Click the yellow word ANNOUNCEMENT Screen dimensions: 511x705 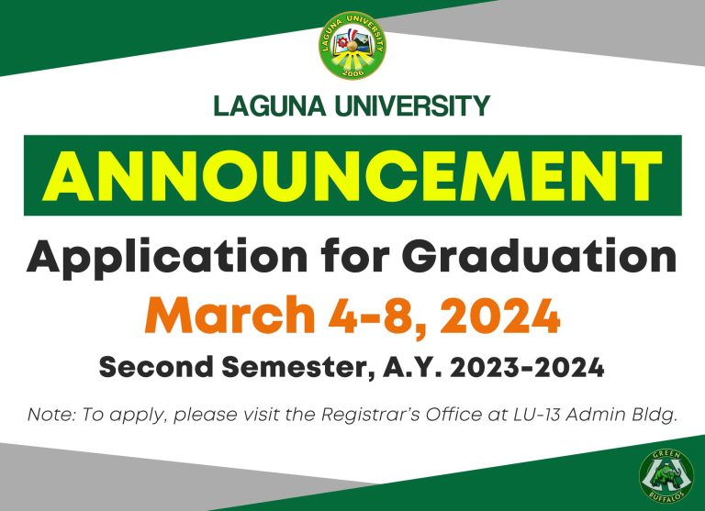352,175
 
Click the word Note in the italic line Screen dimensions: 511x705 50,414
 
